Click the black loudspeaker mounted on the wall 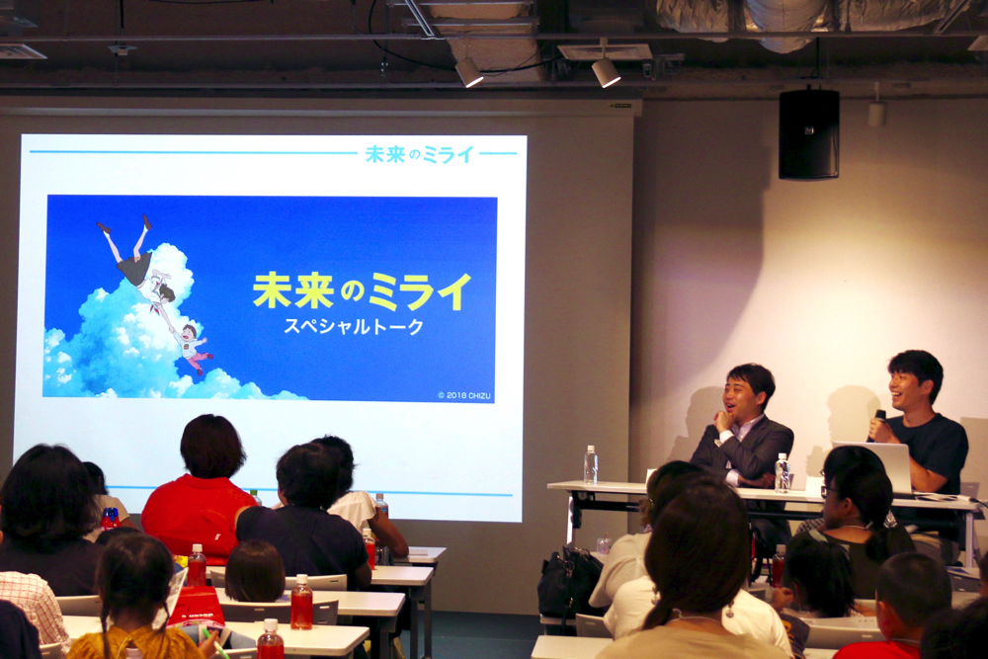808,134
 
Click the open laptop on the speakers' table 875,465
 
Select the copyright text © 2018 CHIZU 464,395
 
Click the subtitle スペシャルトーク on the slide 354,326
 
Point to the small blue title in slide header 420,154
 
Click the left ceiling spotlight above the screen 468,71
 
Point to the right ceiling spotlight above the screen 606,72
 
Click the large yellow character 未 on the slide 274,290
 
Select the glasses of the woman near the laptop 827,490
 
